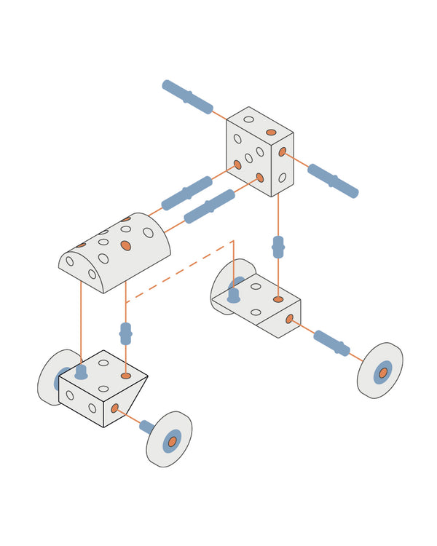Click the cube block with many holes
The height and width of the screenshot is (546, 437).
259,151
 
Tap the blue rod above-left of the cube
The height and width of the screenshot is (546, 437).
187,97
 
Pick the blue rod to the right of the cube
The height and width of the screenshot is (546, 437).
332,181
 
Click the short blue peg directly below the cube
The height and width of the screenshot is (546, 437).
277,247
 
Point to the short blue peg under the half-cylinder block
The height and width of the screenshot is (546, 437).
125,333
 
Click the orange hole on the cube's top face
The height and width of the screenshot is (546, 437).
271,132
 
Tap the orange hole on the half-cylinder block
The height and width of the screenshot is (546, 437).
126,246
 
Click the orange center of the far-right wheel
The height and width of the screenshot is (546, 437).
382,373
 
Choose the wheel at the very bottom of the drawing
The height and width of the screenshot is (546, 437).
169,439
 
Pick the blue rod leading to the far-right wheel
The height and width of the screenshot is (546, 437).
331,343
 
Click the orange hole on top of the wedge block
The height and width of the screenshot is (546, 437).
126,376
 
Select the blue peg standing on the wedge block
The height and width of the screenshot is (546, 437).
81,371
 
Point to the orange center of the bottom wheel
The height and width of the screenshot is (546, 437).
172,441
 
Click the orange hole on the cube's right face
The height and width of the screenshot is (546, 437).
283,152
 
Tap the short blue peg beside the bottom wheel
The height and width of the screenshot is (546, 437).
146,427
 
